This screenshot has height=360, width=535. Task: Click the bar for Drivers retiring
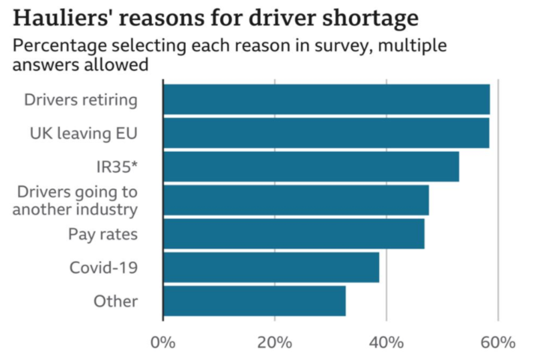326,100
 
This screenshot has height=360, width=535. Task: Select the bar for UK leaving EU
326,133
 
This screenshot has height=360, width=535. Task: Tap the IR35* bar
311,167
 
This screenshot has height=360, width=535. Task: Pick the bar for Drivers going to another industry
296,200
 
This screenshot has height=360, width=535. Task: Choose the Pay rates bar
294,234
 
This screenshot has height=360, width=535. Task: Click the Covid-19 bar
271,268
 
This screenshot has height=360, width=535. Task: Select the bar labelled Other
255,301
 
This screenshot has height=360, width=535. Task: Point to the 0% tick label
163,343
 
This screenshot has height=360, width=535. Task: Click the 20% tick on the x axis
275,343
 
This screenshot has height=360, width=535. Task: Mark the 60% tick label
498,343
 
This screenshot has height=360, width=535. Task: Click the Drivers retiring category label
80,100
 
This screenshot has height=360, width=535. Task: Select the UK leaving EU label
84,133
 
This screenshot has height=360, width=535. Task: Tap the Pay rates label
102,234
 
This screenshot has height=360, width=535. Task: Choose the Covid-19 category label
103,268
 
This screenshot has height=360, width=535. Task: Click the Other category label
115,301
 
